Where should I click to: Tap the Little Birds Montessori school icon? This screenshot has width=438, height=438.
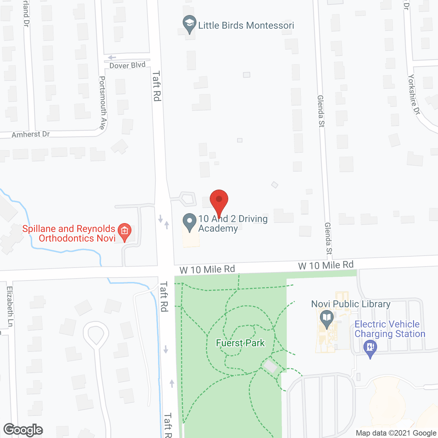(189, 24)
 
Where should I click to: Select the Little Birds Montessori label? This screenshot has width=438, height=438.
(246, 26)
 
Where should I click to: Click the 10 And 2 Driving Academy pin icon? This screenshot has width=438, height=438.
(189, 222)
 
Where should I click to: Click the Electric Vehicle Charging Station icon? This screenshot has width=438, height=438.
(370, 348)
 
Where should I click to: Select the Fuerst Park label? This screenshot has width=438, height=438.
(240, 343)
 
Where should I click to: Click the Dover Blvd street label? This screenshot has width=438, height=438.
(127, 65)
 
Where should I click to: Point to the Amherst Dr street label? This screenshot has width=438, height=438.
(31, 134)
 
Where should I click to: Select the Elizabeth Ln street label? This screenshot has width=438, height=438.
(10, 306)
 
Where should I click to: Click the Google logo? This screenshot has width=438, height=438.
(23, 430)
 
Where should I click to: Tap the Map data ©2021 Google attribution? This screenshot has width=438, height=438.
(396, 433)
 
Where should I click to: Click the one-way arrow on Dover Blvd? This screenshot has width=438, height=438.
(112, 57)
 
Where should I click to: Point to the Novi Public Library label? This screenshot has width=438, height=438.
(351, 304)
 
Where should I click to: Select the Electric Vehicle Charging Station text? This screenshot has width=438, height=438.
(390, 329)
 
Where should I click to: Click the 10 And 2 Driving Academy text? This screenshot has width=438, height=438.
(233, 223)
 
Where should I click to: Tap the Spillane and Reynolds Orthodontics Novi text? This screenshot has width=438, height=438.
(69, 233)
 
